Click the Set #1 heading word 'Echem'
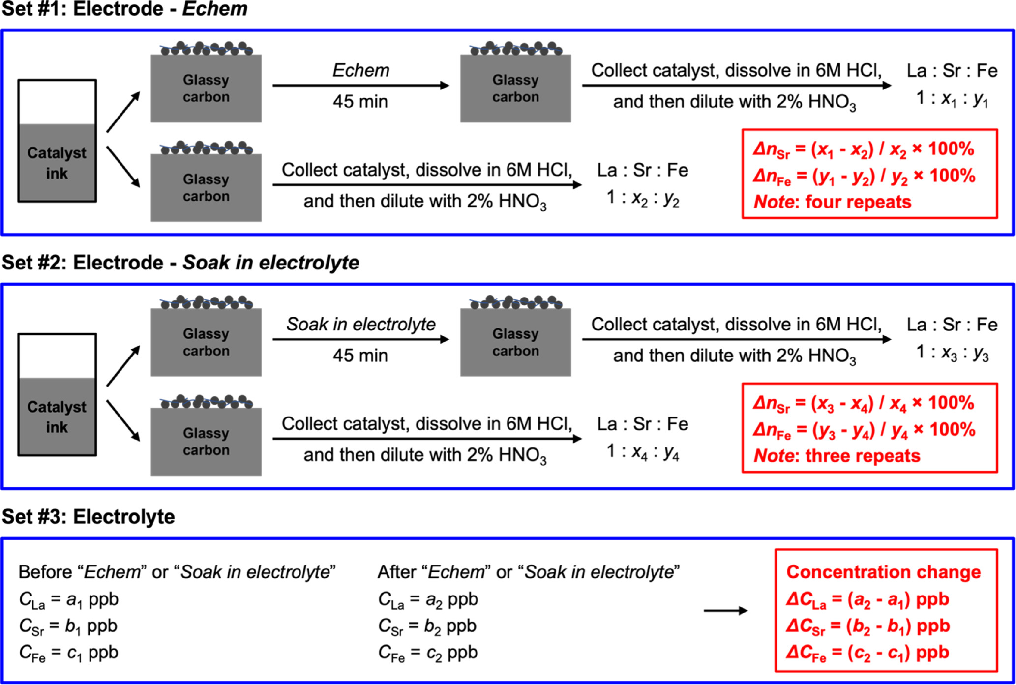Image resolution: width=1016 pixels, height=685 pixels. pos(215,9)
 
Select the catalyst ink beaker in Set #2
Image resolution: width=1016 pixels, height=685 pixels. pos(57,395)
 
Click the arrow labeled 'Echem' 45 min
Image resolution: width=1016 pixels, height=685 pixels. pos(360,86)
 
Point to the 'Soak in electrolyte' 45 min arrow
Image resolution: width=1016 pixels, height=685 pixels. pos(360,339)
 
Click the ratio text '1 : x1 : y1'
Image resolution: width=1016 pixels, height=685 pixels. pos(952,99)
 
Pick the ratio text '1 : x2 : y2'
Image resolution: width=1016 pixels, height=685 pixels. pos(642,198)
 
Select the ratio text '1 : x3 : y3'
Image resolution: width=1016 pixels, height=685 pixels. pos(952,353)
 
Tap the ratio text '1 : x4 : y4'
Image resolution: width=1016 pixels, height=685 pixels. pos(642,452)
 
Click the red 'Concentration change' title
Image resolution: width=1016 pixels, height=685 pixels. pos(883,572)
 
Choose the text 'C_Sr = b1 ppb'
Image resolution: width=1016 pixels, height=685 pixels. pos(68,626)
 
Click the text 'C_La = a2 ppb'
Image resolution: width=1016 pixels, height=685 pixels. pos(428,599)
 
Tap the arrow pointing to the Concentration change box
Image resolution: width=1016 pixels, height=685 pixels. pos(725,611)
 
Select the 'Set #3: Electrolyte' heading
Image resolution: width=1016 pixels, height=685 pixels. pos(89,517)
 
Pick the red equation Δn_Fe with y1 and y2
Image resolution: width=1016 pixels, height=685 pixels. pos(864,177)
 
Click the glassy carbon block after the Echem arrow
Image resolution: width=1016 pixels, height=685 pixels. pos(515,88)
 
